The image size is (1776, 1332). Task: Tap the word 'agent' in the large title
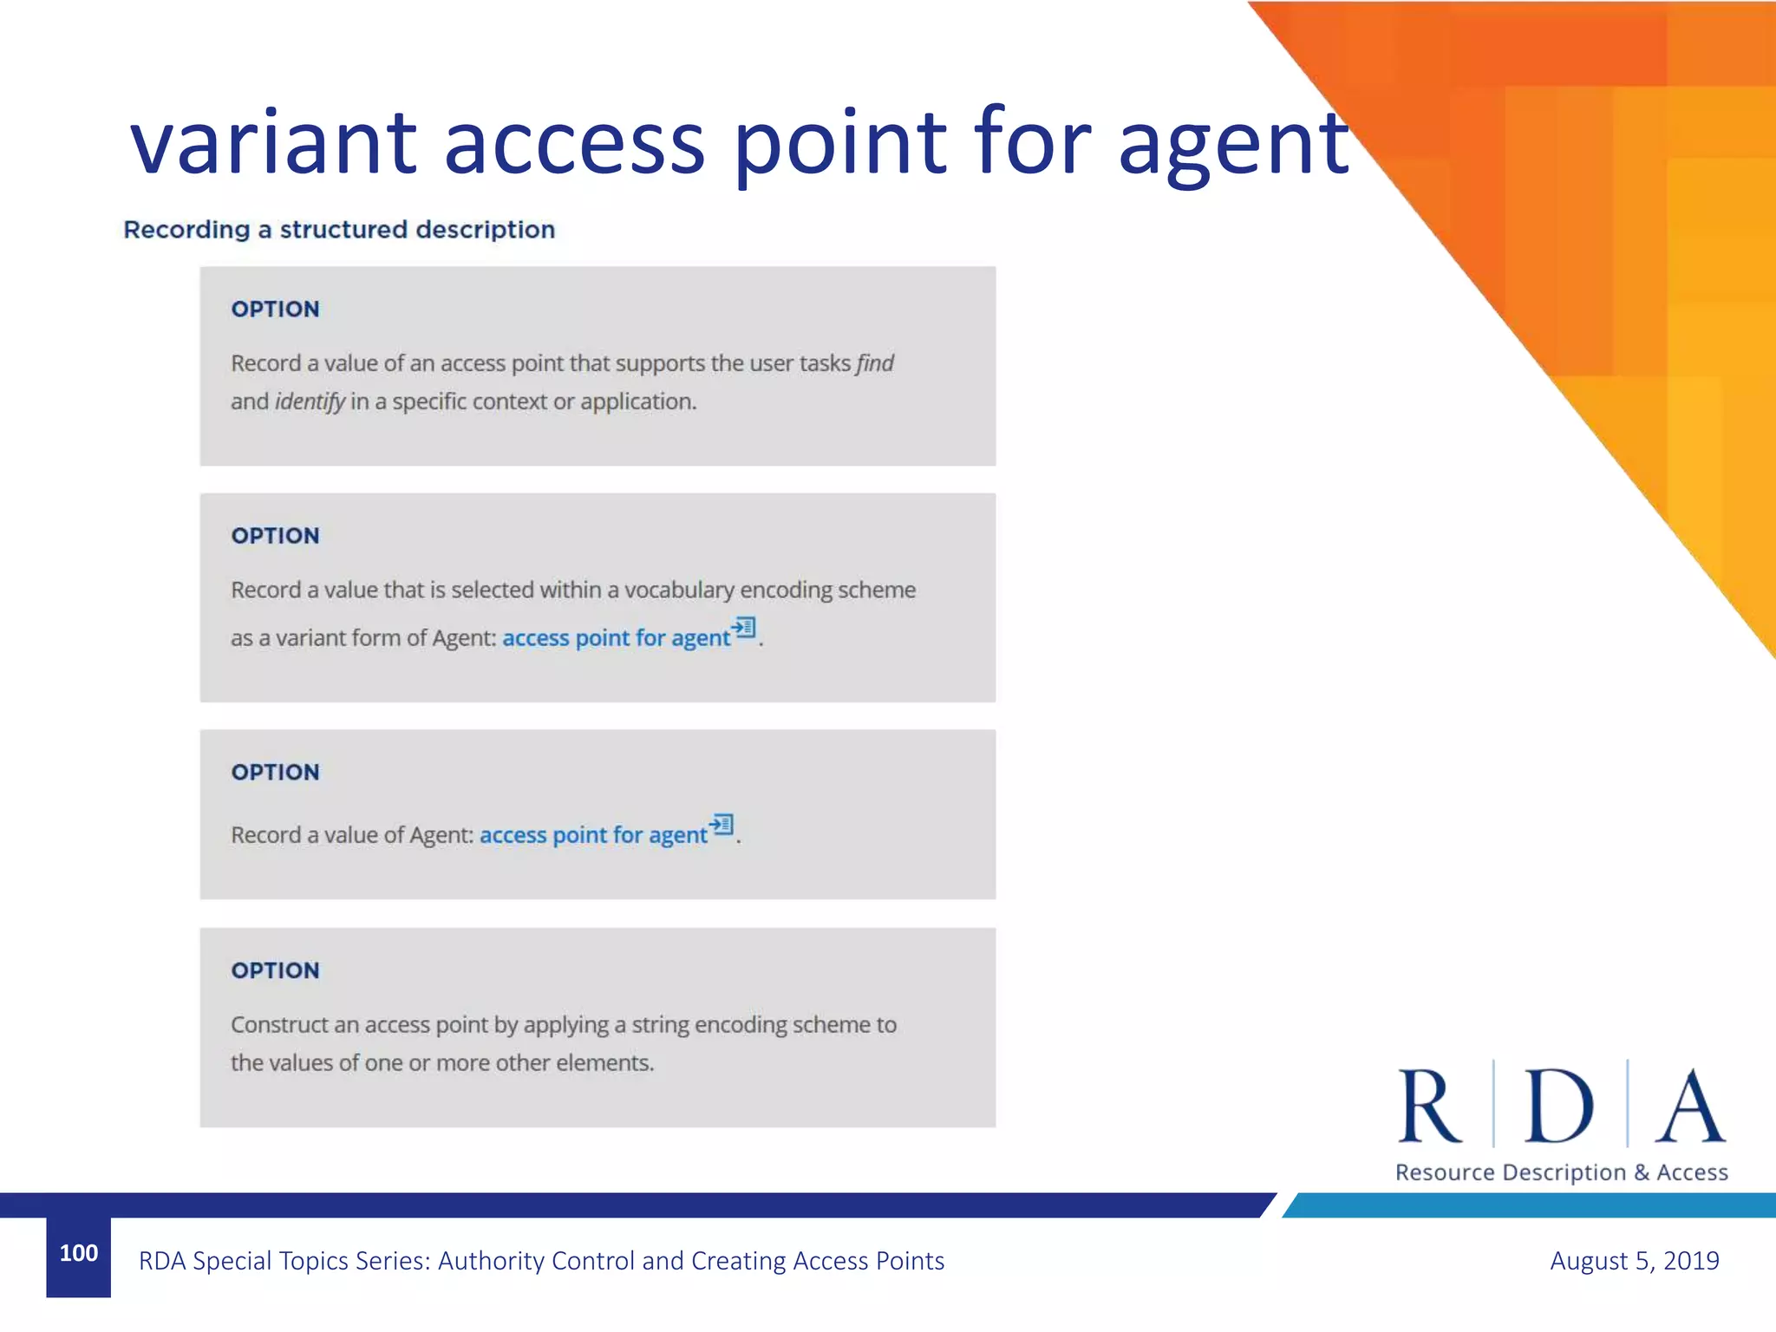[1233, 147]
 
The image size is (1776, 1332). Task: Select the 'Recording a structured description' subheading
[339, 230]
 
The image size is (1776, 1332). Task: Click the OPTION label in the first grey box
[275, 310]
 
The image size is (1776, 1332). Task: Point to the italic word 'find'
[875, 363]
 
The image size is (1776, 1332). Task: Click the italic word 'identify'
[310, 402]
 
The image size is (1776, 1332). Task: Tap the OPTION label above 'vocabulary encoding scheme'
[275, 536]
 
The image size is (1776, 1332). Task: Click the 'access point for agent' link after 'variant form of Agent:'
[616, 638]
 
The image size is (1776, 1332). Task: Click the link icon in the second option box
[743, 627]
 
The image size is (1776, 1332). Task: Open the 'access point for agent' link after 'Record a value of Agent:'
[593, 835]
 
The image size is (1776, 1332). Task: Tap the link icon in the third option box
[721, 824]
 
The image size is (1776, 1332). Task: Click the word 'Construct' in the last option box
[279, 1025]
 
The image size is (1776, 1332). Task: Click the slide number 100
[78, 1253]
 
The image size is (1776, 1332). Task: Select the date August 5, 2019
[1634, 1261]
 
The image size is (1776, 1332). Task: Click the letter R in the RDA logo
[1429, 1106]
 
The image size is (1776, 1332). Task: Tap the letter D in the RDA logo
[1558, 1106]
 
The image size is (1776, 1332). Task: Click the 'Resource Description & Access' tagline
[1561, 1172]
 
